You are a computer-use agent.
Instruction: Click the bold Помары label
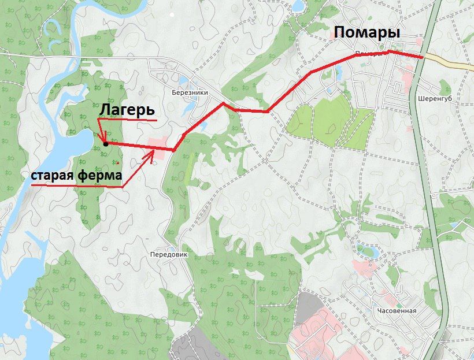(368, 33)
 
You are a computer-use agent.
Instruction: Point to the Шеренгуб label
(433, 98)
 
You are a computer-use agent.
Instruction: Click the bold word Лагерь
(128, 110)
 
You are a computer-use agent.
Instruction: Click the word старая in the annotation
(51, 175)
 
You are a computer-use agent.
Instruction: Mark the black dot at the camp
(106, 144)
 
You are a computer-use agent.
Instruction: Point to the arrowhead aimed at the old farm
(153, 153)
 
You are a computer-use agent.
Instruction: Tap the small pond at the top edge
(299, 6)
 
